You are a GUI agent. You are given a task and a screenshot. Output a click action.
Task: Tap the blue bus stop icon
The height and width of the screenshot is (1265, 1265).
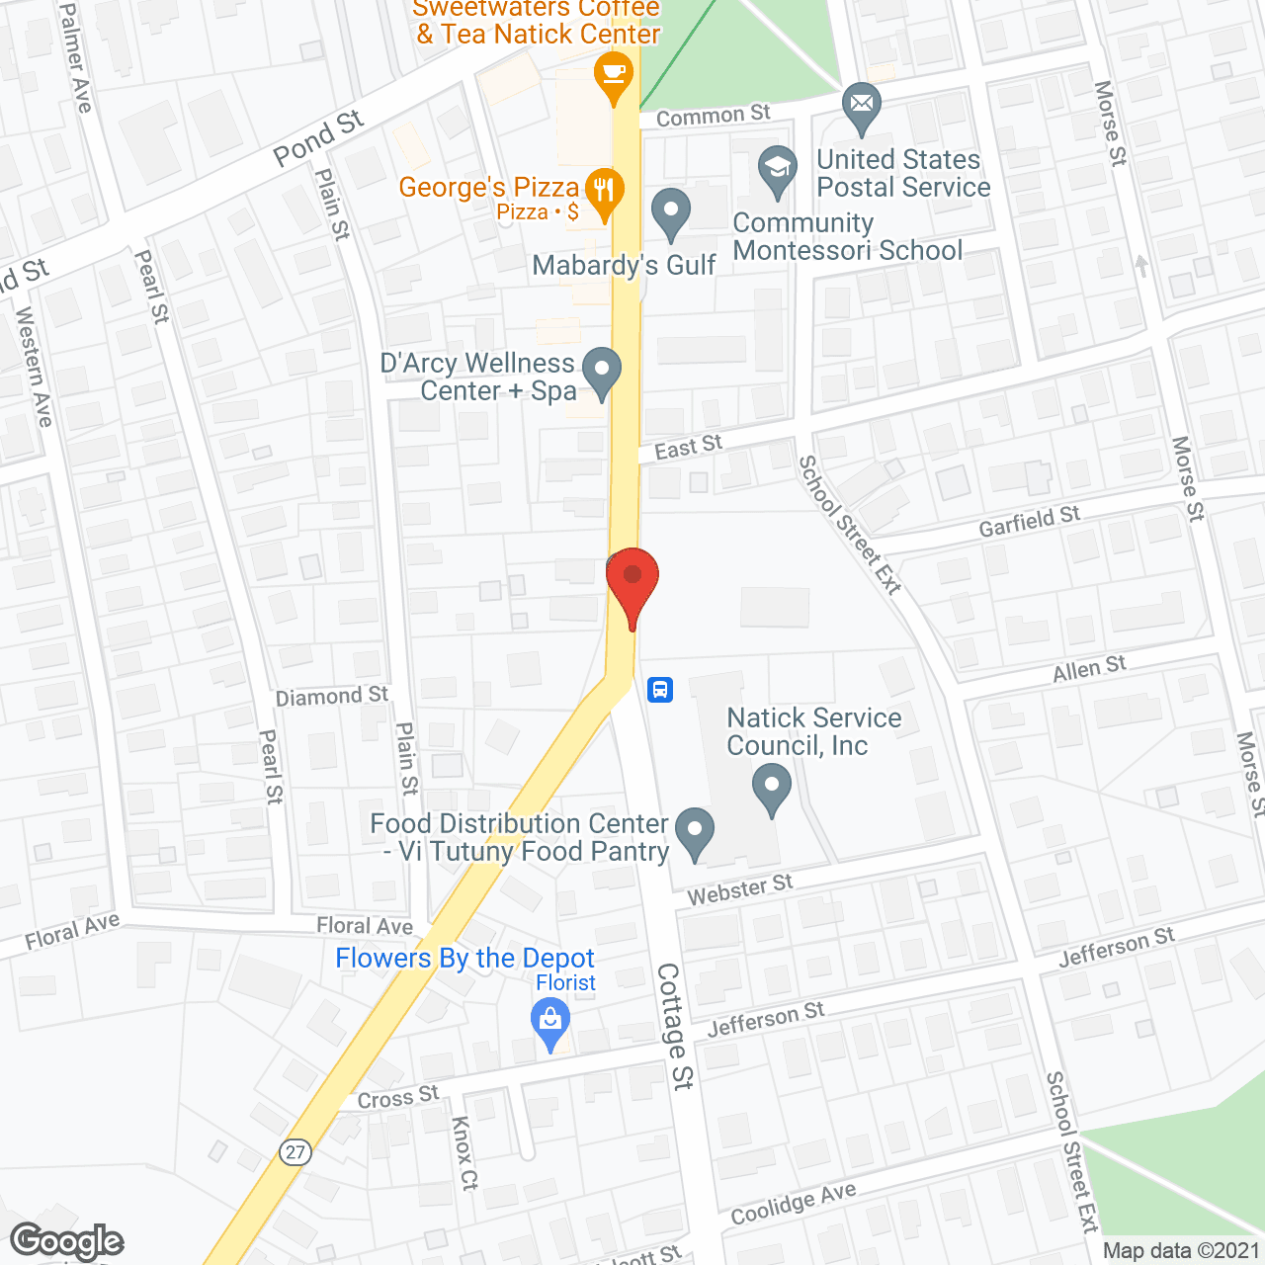click(660, 689)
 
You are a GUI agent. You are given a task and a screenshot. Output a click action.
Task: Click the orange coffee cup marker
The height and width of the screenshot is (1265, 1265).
click(614, 75)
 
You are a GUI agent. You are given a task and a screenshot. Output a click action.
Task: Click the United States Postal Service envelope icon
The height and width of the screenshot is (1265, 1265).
click(862, 105)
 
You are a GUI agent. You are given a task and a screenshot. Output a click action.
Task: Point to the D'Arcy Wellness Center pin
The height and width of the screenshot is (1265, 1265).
click(601, 372)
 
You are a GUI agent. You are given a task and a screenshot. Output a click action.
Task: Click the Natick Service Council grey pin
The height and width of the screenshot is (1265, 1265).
click(771, 790)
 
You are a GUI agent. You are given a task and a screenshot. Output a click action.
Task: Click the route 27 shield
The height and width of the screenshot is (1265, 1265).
click(295, 1151)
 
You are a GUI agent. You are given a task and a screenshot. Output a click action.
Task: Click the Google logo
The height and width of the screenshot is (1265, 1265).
click(67, 1241)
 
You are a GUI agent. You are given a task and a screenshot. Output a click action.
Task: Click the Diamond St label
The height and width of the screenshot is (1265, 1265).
click(332, 696)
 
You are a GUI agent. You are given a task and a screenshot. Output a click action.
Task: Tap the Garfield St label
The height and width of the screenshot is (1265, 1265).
click(1029, 521)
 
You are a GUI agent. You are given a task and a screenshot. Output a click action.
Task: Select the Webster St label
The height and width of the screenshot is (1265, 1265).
click(740, 889)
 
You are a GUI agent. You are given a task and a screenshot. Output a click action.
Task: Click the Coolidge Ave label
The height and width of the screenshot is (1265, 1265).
click(793, 1204)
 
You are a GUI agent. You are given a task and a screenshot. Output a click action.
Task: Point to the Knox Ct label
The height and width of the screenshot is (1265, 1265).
click(464, 1152)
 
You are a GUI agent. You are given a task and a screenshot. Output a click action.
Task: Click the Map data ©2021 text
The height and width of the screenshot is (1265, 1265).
click(1181, 1250)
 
